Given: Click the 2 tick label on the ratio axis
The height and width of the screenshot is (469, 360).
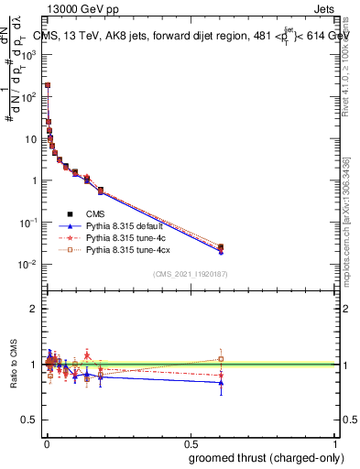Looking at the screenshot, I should (35, 309).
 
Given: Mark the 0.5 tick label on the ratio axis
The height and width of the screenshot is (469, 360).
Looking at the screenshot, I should (30, 420).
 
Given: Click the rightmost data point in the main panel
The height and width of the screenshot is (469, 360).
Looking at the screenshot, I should (221, 247).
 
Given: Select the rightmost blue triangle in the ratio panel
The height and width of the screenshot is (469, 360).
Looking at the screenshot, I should (221, 383).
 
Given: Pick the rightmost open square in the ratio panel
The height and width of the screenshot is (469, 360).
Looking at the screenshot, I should (221, 359).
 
